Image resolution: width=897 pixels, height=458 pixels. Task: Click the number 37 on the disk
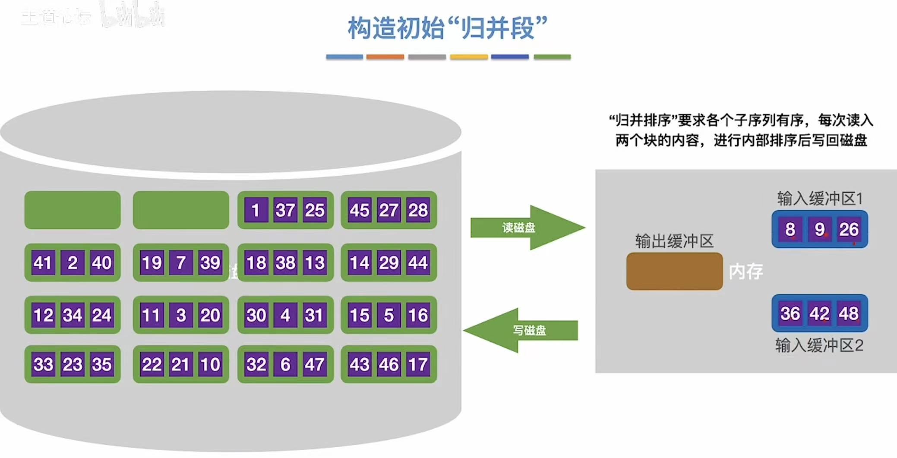(285, 210)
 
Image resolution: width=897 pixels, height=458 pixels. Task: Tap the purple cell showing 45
(360, 210)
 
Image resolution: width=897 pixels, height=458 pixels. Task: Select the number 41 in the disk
(43, 262)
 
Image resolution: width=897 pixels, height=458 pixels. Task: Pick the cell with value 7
(181, 262)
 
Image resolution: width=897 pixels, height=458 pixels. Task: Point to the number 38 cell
(285, 262)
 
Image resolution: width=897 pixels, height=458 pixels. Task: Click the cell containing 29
(388, 262)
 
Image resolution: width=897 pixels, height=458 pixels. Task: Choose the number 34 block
(72, 315)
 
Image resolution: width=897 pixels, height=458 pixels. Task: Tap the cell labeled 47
(314, 364)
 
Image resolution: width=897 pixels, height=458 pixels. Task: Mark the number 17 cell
(418, 364)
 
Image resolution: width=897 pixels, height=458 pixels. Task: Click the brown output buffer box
(674, 271)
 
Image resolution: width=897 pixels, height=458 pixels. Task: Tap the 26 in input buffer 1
(849, 229)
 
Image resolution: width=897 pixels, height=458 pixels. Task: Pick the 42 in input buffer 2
(819, 313)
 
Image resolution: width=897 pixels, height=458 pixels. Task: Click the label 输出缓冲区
(674, 241)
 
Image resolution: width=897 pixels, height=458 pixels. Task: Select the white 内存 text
(746, 272)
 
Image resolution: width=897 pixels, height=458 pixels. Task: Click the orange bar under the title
(385, 57)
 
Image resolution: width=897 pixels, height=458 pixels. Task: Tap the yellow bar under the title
(468, 57)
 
